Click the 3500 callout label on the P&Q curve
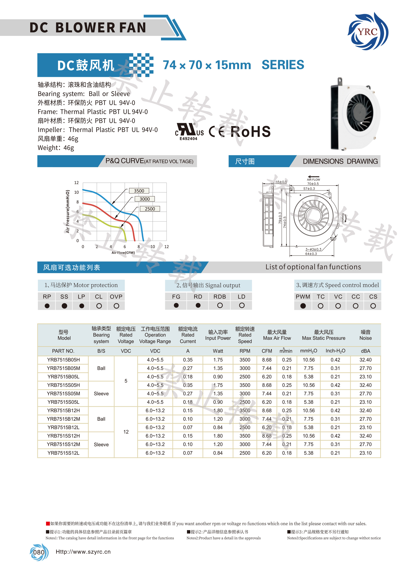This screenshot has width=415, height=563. coord(139,191)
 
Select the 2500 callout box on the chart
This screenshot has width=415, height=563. coord(150,209)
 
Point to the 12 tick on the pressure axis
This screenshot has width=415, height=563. coord(76,182)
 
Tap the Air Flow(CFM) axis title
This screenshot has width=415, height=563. coord(123,253)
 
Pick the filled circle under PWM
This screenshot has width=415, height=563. coord(303,306)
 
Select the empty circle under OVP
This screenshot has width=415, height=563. coord(116,306)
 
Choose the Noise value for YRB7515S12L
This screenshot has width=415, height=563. coord(365,453)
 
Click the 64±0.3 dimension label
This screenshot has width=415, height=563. coord(311,254)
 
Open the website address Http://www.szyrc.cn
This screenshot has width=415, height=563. coord(83,552)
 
